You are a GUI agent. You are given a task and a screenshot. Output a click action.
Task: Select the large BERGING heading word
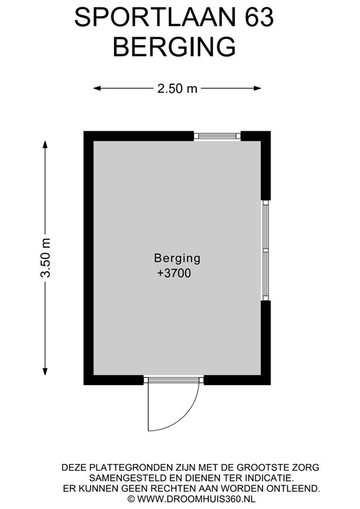(174, 46)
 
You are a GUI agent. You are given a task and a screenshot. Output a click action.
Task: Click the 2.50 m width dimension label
(177, 87)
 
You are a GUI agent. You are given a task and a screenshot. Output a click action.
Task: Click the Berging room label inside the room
(177, 258)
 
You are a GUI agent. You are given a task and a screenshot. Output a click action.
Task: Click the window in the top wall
(217, 135)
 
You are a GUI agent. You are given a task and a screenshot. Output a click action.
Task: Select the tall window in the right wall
(266, 251)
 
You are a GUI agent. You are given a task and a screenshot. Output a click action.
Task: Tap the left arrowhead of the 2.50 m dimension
(97, 87)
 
